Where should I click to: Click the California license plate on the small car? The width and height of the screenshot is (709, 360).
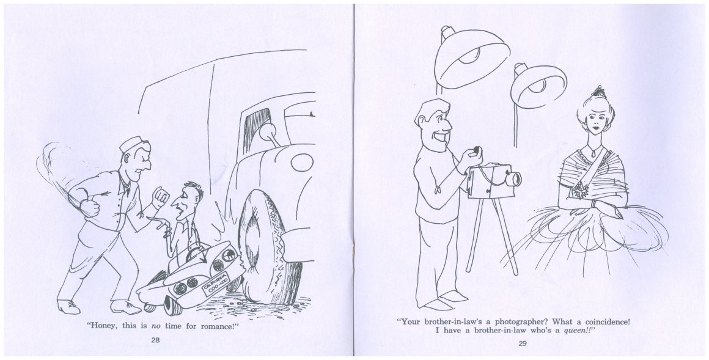[x=216, y=284]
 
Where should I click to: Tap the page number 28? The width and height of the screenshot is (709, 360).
[x=155, y=340]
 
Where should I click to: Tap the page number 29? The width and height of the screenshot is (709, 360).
[x=522, y=343]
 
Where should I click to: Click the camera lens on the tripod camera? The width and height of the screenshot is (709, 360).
[x=513, y=180]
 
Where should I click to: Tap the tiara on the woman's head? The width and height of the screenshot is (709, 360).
[x=598, y=92]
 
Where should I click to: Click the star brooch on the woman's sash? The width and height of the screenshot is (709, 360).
[x=581, y=191]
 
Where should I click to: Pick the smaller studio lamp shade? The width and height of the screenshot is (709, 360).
[x=538, y=86]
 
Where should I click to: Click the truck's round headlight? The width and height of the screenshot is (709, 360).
[x=302, y=163]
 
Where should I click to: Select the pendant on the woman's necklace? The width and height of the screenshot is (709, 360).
[x=593, y=154]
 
